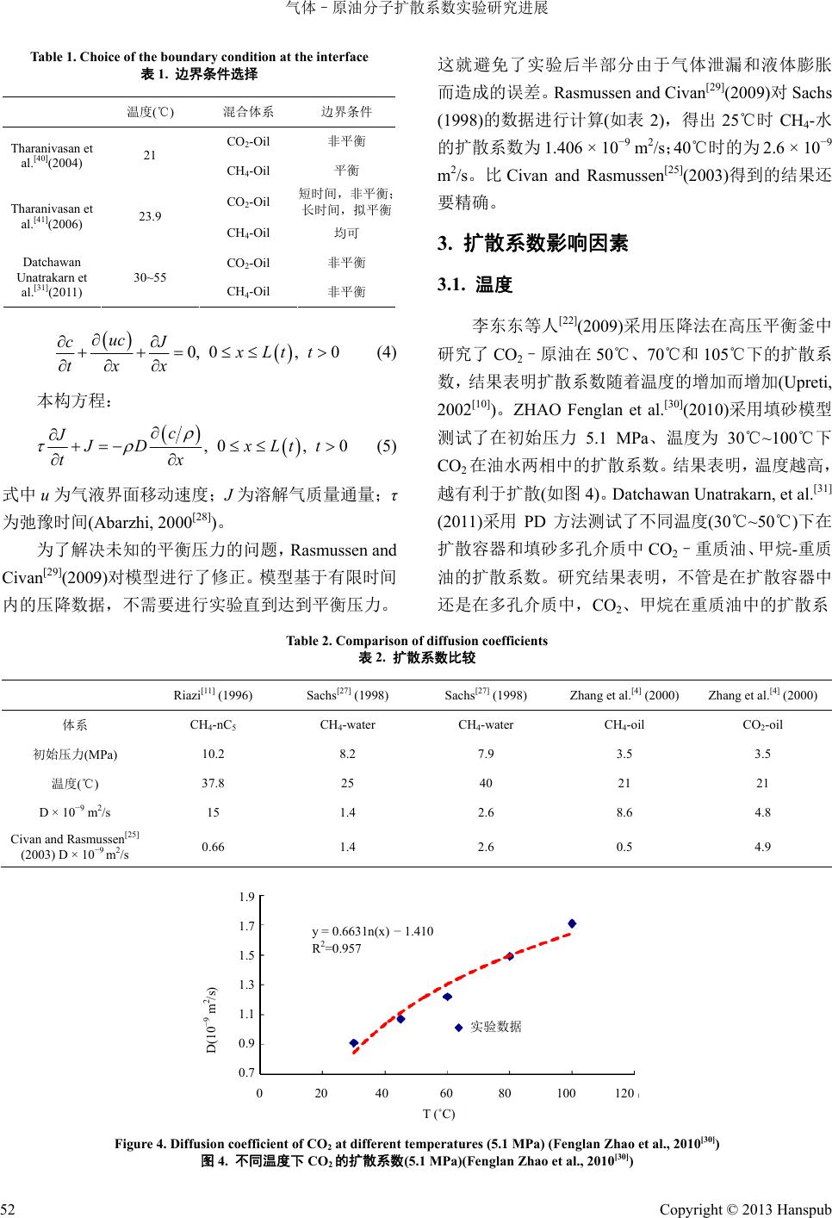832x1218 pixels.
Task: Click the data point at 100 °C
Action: pyautogui.click(x=572, y=923)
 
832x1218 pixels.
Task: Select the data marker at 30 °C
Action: pyautogui.click(x=354, y=1043)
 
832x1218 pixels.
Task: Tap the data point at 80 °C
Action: pyautogui.click(x=510, y=956)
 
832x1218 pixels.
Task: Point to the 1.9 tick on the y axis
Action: pyautogui.click(x=246, y=898)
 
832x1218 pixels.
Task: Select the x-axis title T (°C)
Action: pyautogui.click(x=439, y=1113)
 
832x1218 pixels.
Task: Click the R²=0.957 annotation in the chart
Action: pyautogui.click(x=336, y=948)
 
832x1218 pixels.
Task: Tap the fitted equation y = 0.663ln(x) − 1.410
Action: pyautogui.click(x=372, y=931)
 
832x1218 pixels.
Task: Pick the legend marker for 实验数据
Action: pyautogui.click(x=459, y=1027)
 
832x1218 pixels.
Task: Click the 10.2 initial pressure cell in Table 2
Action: pyautogui.click(x=213, y=754)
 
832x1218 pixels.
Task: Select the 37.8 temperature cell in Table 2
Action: pyautogui.click(x=213, y=783)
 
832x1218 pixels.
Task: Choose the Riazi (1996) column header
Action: pyautogui.click(x=213, y=694)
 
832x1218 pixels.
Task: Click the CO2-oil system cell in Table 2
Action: pyautogui.click(x=761, y=724)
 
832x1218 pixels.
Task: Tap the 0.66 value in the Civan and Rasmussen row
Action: pyautogui.click(x=213, y=847)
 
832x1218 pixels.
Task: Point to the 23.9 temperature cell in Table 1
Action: pyautogui.click(x=151, y=216)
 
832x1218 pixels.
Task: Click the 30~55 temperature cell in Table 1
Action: pyautogui.click(x=151, y=277)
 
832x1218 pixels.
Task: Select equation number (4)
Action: pyautogui.click(x=386, y=352)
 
